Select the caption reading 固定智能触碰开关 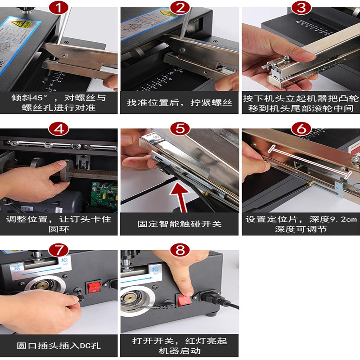[180, 224]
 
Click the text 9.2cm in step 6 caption [342, 219]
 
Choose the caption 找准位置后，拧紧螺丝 [180, 103]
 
